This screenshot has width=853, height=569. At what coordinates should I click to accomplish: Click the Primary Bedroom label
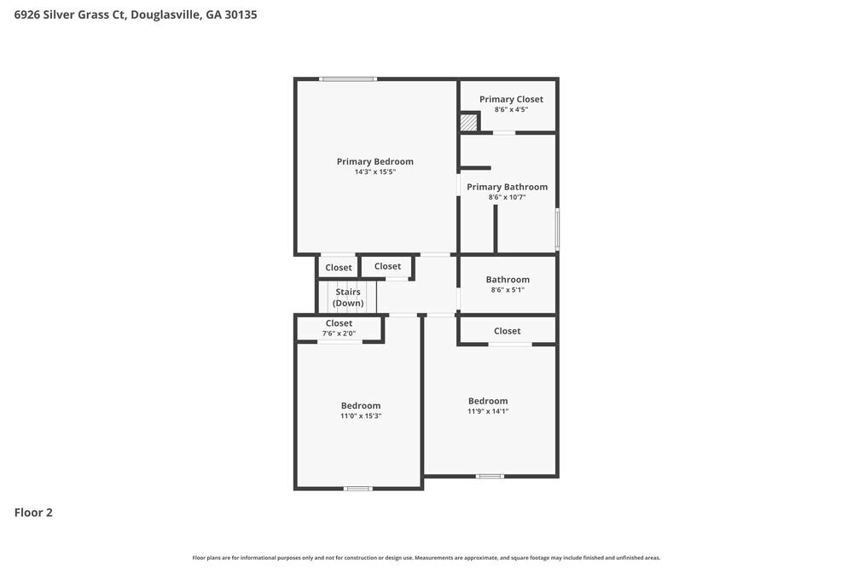coord(374,161)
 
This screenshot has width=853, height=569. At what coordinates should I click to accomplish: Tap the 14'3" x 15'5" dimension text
coord(374,171)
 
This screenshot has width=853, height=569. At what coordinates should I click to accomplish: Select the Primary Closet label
coord(511,99)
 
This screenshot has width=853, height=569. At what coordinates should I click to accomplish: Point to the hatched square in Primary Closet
coord(468,123)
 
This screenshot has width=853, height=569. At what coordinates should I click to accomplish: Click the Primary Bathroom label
coord(507,187)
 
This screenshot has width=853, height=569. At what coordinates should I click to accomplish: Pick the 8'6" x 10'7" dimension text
coord(507,197)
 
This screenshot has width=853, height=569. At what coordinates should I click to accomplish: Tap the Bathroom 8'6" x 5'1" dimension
coord(508,289)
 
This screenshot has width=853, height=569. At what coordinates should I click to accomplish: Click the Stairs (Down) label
coord(347,298)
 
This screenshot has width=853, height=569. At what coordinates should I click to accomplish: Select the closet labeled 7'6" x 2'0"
coord(339,333)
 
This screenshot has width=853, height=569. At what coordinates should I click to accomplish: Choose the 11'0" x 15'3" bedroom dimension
coord(361,415)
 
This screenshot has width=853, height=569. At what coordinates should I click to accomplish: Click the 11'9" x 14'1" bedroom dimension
coord(488,410)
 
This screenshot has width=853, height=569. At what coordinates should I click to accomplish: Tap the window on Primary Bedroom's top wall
coord(348,79)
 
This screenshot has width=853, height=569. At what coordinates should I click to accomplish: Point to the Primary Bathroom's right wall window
coord(557,229)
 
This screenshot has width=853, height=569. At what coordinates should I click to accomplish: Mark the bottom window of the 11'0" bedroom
coord(357,488)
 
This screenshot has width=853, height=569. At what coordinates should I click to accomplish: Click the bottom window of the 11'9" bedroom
coord(490,476)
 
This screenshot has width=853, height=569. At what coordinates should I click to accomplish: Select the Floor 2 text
coord(33,513)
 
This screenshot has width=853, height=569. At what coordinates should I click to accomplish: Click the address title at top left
coord(136,15)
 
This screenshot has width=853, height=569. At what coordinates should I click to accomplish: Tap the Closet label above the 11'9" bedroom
coord(507,331)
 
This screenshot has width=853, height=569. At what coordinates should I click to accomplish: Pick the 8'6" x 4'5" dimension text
coord(511,109)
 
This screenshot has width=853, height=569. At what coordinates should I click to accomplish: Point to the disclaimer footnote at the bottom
coord(426,557)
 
